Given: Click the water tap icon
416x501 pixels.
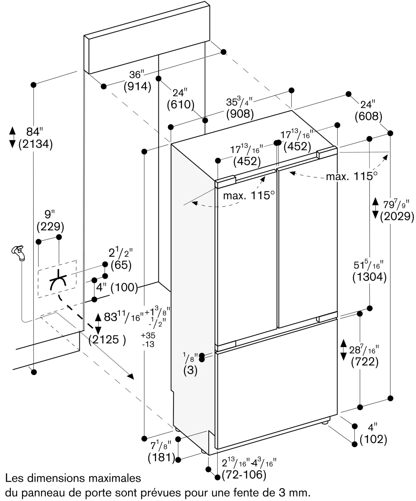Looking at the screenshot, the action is click(x=19, y=253).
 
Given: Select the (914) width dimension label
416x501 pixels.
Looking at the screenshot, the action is click(x=137, y=86).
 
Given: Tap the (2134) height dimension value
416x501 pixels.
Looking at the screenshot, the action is click(x=36, y=144).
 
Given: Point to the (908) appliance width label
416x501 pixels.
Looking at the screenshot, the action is click(x=240, y=114).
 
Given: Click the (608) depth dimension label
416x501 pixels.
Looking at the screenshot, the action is click(x=368, y=116).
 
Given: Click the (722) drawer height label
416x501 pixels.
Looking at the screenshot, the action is click(x=365, y=361).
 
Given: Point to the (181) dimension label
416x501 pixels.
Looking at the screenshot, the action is click(x=161, y=457).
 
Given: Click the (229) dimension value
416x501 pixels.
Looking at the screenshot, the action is click(x=50, y=227).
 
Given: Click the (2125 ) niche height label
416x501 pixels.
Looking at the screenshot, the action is click(x=107, y=340).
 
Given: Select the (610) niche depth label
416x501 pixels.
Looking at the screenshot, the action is click(x=181, y=104).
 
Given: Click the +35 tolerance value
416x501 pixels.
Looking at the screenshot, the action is click(x=148, y=335).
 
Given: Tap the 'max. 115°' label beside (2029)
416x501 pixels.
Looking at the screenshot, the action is click(x=352, y=177).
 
